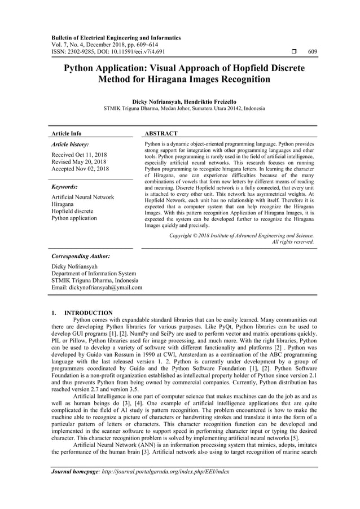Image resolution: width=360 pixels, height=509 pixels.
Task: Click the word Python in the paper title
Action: [x=79, y=68]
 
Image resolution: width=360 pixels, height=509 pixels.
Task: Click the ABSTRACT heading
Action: [x=163, y=134]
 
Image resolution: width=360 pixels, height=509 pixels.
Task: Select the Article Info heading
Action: [x=67, y=134]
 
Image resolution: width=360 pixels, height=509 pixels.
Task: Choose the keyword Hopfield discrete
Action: [x=72, y=211]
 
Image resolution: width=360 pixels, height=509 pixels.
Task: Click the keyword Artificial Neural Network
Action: [x=82, y=197]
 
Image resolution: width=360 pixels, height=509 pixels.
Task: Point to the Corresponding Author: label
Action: [x=80, y=256]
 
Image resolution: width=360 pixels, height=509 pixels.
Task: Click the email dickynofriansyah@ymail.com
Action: [x=96, y=287]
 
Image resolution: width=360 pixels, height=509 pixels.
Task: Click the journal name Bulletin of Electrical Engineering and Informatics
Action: [x=116, y=38]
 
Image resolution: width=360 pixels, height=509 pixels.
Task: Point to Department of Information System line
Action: [x=93, y=273]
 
